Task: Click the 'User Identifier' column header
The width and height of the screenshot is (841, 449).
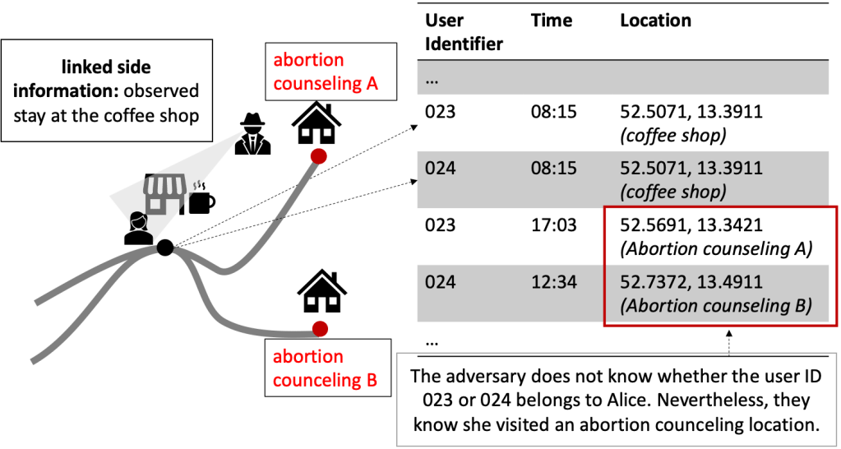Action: click(463, 31)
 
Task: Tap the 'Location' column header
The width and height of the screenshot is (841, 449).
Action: click(655, 21)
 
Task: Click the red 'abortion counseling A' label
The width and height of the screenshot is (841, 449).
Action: click(320, 72)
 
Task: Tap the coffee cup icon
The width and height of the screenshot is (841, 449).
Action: click(201, 198)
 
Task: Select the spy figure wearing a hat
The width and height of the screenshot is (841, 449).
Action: click(252, 132)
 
